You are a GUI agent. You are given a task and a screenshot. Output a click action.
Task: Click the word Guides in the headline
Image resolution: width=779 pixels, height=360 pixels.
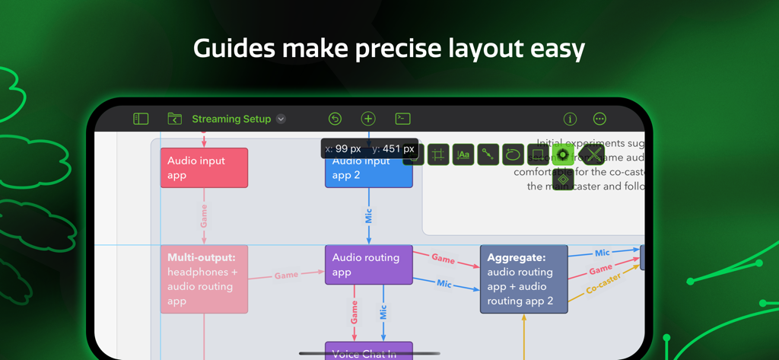pyautogui.click(x=234, y=49)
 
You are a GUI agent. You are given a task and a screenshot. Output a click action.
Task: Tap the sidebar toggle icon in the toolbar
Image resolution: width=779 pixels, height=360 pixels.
pyautogui.click(x=141, y=119)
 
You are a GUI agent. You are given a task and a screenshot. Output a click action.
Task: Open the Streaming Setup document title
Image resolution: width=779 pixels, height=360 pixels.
pyautogui.click(x=231, y=119)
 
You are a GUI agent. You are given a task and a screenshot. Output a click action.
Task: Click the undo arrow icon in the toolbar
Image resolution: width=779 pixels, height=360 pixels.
pyautogui.click(x=335, y=119)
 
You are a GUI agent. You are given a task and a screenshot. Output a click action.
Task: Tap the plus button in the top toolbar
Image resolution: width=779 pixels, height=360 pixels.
pyautogui.click(x=368, y=119)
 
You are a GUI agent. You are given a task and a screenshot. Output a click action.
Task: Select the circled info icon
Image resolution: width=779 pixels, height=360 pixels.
pyautogui.click(x=569, y=119)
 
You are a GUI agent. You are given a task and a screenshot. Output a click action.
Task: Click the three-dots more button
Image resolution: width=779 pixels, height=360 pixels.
pyautogui.click(x=599, y=119)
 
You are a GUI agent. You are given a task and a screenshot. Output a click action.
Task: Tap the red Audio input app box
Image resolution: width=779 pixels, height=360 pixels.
pyautogui.click(x=204, y=168)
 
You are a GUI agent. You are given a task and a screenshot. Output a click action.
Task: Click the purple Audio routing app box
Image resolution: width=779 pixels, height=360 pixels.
pyautogui.click(x=369, y=265)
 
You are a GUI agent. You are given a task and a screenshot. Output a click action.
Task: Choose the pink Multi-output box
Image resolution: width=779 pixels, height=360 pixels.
pyautogui.click(x=204, y=279)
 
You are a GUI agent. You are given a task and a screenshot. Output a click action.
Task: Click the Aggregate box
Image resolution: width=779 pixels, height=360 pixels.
pyautogui.click(x=524, y=279)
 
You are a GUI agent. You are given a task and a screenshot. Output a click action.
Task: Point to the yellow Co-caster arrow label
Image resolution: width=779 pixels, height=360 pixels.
pyautogui.click(x=603, y=283)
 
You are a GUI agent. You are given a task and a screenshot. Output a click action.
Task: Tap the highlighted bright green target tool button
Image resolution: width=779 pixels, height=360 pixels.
pyautogui.click(x=563, y=155)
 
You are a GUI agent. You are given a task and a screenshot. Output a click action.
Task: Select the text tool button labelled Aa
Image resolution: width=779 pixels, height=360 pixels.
pyautogui.click(x=463, y=155)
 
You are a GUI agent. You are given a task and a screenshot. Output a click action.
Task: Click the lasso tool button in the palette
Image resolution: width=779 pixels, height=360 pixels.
pyautogui.click(x=513, y=155)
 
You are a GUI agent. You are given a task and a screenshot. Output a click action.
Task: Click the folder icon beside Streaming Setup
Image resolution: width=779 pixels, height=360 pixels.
pyautogui.click(x=174, y=119)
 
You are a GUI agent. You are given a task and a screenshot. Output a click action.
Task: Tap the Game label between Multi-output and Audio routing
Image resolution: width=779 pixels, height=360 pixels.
pyautogui.click(x=286, y=276)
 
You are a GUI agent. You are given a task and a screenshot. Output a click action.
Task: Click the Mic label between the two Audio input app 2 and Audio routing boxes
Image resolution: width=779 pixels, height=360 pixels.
pyautogui.click(x=369, y=217)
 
